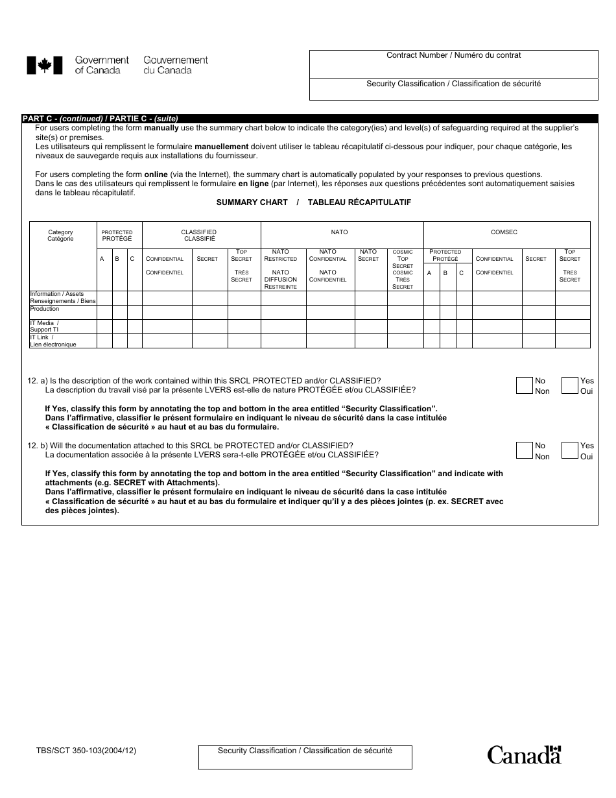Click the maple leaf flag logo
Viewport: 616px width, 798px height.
44,65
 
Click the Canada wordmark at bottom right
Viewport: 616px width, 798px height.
524,755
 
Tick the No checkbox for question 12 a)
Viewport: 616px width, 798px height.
524,385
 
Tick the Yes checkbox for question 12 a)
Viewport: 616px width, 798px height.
569,385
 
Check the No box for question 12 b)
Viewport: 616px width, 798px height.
524,450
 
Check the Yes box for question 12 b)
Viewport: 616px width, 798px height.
569,450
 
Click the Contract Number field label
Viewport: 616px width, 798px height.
453,56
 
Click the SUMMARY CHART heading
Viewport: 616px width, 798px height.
252,202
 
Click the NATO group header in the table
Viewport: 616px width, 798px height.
340,232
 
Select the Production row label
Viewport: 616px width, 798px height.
45,309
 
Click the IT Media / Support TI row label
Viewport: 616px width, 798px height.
45,326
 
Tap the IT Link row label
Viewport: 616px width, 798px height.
53,341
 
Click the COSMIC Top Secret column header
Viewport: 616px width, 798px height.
403,269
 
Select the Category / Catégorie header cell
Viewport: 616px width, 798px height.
61,236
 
